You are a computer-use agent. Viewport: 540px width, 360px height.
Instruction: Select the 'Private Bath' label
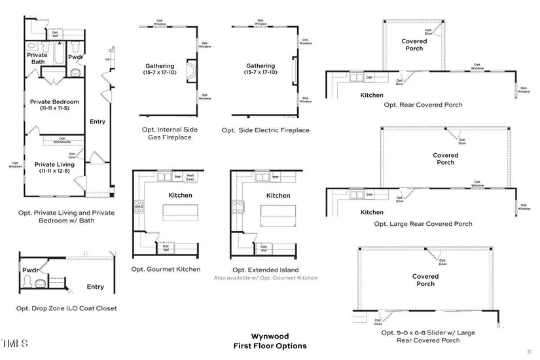(37, 58)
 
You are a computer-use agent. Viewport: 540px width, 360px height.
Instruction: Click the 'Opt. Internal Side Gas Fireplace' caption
(170, 134)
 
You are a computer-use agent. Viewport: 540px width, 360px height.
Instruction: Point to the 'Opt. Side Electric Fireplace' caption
(265, 130)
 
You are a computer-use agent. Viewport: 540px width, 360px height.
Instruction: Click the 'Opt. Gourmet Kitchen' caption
(166, 269)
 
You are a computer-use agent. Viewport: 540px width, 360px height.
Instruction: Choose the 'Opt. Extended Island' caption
(265, 270)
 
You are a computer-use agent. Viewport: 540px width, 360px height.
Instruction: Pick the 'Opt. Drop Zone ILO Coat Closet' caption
(67, 308)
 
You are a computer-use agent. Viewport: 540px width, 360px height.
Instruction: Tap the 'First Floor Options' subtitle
(270, 346)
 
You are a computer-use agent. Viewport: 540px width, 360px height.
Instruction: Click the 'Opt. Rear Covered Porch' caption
(423, 105)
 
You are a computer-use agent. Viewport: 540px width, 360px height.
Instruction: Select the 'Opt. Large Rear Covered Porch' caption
(423, 224)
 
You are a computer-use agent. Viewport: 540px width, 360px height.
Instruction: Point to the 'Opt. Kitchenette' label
(62, 141)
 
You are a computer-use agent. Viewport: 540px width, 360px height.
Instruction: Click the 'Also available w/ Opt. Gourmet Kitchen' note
(265, 278)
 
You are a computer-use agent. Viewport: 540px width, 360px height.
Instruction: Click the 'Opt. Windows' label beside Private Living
(15, 165)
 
